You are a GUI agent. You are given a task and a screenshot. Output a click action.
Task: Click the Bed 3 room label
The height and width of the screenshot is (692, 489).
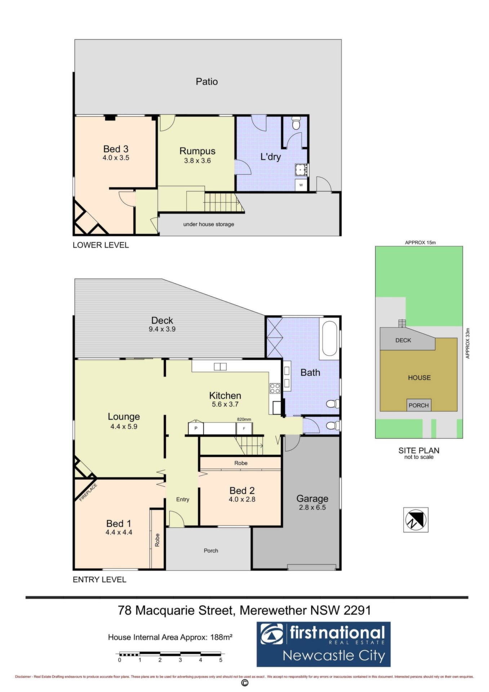(116, 149)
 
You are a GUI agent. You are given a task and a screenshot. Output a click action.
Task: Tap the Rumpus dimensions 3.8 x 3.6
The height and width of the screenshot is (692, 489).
(197, 161)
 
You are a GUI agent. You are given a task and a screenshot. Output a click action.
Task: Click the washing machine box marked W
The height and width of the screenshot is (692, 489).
(301, 185)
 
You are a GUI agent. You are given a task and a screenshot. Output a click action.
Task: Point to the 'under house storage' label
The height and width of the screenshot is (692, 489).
(209, 224)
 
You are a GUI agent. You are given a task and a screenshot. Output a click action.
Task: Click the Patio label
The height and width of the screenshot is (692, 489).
(207, 81)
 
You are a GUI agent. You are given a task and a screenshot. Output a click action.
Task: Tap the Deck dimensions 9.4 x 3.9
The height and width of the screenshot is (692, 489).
(162, 329)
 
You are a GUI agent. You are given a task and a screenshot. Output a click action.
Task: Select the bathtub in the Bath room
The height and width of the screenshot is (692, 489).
(329, 338)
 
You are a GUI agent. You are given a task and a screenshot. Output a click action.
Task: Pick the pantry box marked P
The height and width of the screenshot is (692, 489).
(196, 428)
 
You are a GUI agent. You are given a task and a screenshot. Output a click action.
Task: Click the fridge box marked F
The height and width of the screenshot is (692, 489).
(244, 429)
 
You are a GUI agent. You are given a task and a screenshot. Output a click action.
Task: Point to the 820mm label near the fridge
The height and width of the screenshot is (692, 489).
(244, 420)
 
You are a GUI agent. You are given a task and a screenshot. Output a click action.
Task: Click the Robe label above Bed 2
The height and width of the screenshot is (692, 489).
(241, 463)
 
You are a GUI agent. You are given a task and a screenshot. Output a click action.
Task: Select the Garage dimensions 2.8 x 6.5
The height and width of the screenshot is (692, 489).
(312, 507)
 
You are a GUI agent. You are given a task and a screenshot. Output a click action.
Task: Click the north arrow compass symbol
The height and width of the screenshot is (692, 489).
(416, 520)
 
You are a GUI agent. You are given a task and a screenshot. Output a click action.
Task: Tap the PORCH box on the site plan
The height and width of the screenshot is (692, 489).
(419, 405)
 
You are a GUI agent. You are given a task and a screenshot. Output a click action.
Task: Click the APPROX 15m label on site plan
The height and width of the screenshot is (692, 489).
(420, 243)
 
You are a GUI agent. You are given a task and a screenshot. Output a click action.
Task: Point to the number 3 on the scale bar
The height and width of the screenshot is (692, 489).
(180, 660)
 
